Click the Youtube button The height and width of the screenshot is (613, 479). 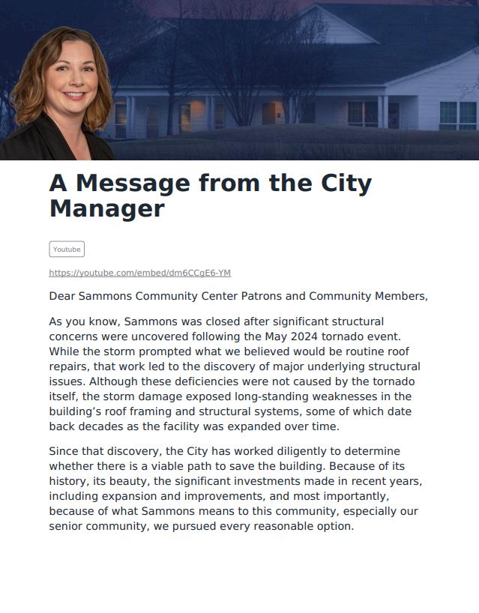click(67, 250)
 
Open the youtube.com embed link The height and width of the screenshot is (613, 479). click(139, 273)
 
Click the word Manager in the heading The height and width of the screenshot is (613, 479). click(106, 208)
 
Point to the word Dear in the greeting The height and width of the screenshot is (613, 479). click(63, 296)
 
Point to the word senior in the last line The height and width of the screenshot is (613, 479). click(66, 526)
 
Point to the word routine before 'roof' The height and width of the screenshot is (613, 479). click(346, 351)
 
